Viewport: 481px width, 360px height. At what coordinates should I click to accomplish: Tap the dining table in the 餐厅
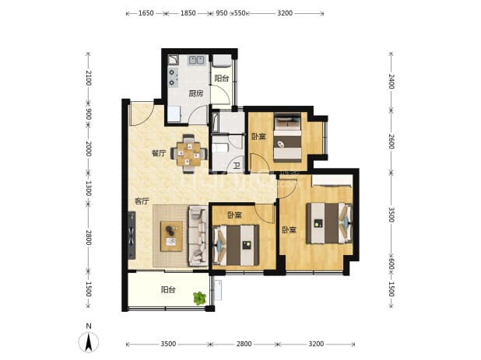click(188, 154)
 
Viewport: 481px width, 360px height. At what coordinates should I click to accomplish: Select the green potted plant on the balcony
click(199, 298)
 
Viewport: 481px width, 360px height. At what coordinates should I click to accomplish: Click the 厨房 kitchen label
click(195, 93)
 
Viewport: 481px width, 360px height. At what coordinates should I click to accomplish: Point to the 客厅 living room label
click(142, 201)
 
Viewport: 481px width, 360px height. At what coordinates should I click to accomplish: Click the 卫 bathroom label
click(236, 166)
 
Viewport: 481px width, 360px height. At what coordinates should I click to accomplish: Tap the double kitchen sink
click(197, 59)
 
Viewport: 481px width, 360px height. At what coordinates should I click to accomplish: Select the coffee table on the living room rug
click(171, 236)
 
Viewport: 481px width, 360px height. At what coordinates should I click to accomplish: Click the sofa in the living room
click(198, 236)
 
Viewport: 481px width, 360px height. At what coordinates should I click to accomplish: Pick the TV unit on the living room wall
click(132, 236)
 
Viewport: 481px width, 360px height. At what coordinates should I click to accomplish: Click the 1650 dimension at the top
click(146, 13)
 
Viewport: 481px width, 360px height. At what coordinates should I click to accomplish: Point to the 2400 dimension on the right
click(391, 82)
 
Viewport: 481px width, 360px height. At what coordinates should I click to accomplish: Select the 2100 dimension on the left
click(88, 78)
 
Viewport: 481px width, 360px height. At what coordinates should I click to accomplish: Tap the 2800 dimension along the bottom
click(244, 344)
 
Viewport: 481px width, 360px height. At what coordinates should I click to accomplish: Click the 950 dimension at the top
click(222, 13)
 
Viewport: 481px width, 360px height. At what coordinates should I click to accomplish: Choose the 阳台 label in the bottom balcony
click(168, 289)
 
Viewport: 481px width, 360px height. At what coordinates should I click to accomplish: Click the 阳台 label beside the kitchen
click(222, 78)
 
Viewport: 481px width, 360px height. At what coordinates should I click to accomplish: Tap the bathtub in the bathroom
click(215, 123)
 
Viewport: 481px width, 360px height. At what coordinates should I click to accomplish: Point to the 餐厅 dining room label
click(159, 153)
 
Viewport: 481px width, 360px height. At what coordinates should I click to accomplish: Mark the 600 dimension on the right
click(391, 264)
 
